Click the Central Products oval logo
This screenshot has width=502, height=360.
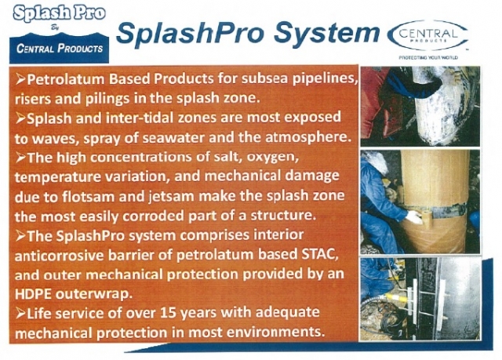427,35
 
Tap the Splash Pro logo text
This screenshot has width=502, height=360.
60,14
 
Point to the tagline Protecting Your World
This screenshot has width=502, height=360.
428,57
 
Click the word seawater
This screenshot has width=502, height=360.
173,137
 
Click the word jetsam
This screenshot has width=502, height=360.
172,197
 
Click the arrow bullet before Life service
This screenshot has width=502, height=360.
21,313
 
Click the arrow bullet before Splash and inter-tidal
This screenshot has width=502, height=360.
21,118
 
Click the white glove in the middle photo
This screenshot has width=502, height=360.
414,217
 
